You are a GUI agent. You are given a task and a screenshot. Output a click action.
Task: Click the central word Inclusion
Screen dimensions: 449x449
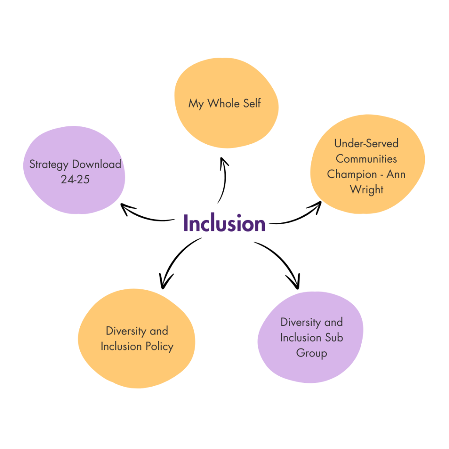(224, 223)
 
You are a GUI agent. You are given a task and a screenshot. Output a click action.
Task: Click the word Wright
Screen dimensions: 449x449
(367, 190)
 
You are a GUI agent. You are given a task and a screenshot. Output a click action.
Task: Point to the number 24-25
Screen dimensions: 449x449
(75, 179)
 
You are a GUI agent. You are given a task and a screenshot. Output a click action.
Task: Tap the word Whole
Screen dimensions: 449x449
(224, 103)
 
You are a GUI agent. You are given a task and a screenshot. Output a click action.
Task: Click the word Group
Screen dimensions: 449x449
(311, 353)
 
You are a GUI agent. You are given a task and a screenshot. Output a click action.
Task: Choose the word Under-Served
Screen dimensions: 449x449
(366, 143)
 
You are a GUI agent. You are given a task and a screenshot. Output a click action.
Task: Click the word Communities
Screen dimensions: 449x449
(366, 159)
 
